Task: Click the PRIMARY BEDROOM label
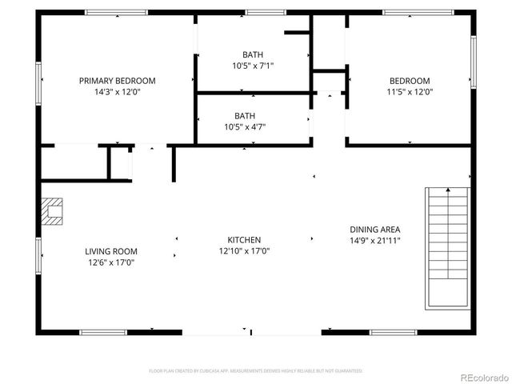(x=117, y=81)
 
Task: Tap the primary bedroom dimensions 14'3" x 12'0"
(x=117, y=92)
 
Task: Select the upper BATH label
(x=253, y=54)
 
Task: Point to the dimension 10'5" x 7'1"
(x=253, y=66)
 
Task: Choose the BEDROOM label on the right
(x=410, y=81)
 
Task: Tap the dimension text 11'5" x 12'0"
(x=410, y=92)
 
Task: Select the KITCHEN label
(x=244, y=240)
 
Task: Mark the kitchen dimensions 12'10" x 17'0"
(x=244, y=251)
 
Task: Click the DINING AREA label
(x=374, y=229)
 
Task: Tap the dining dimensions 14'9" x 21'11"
(x=374, y=240)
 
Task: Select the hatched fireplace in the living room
(x=51, y=211)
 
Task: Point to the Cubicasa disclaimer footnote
(x=256, y=370)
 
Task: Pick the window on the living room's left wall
(x=39, y=255)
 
